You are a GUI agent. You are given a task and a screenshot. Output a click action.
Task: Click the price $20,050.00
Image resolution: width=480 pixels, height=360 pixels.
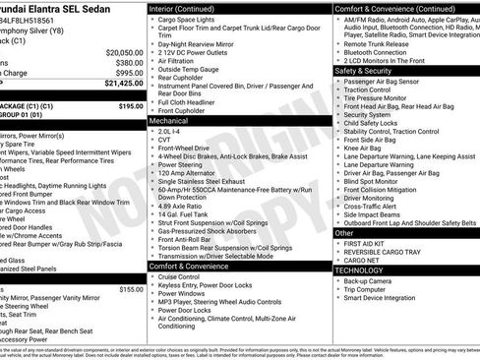tap(124, 51)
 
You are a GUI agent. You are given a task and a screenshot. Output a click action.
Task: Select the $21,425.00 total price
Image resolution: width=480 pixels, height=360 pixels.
tap(124, 84)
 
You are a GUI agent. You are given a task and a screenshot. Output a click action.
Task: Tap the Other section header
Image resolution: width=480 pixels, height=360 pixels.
tap(342, 233)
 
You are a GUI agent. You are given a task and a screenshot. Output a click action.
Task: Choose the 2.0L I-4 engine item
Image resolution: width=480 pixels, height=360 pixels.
tap(170, 129)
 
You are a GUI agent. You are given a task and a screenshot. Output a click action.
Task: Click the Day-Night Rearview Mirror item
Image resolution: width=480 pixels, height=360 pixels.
tap(201, 42)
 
